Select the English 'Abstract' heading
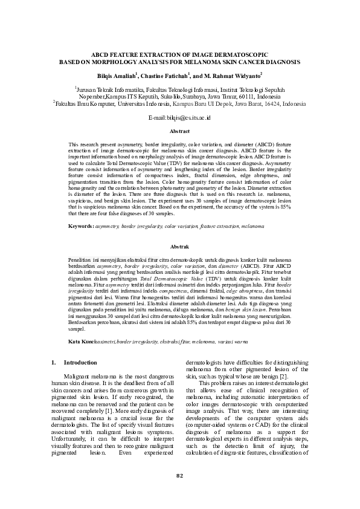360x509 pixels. tap(179, 131)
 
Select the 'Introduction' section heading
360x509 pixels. tap(80, 363)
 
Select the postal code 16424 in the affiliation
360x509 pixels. tap(262, 103)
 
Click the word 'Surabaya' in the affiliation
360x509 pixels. tap(180, 96)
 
